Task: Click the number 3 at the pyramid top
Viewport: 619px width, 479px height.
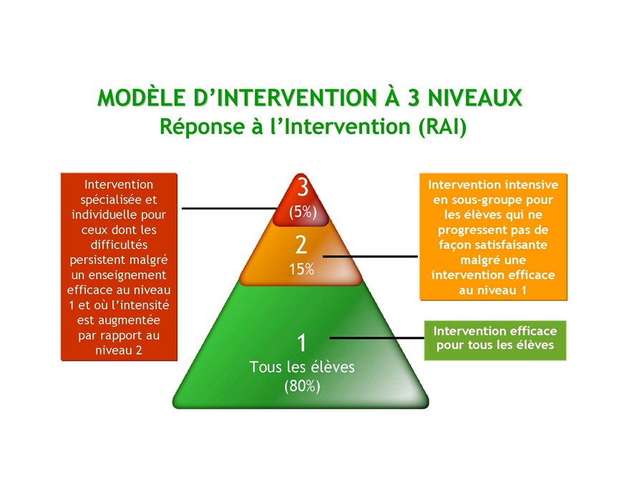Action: pyautogui.click(x=303, y=187)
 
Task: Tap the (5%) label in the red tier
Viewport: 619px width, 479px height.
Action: pyautogui.click(x=303, y=212)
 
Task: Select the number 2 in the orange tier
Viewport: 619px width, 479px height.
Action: pyautogui.click(x=301, y=245)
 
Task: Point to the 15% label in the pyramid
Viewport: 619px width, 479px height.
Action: pyautogui.click(x=301, y=269)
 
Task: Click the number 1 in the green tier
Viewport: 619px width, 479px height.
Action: pyautogui.click(x=301, y=343)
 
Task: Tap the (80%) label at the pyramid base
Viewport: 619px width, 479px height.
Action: pyautogui.click(x=302, y=386)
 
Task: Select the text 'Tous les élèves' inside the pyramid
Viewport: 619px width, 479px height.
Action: pyautogui.click(x=302, y=367)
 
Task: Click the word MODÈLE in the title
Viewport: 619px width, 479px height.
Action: pyautogui.click(x=142, y=97)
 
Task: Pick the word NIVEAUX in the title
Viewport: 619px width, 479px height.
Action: pyautogui.click(x=475, y=97)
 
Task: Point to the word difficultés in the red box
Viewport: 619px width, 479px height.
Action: pyautogui.click(x=119, y=245)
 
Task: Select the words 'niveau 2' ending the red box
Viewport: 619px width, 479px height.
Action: pyautogui.click(x=119, y=350)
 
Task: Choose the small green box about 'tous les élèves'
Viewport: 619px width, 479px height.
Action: pyautogui.click(x=495, y=340)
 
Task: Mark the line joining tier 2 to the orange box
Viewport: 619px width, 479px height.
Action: pyautogui.click(x=370, y=256)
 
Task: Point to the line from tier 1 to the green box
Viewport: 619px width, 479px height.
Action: pyautogui.click(x=377, y=338)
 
